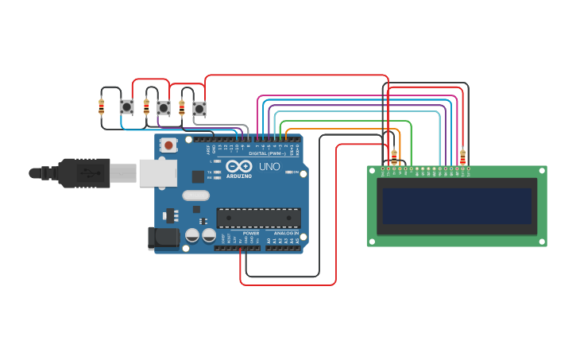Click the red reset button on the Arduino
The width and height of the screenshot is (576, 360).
pos(168,145)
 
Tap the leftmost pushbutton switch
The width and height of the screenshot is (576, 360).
pos(126,106)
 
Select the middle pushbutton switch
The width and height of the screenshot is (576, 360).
pos(163,107)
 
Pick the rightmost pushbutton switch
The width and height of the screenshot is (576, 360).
pos(199,108)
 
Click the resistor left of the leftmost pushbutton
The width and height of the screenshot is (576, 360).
pos(101,106)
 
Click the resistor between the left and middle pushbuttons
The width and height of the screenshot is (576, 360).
pos(146,106)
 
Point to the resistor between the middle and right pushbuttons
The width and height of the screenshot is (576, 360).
pos(182,107)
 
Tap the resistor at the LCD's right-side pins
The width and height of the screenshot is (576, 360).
pos(462,157)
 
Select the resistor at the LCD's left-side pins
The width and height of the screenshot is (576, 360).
pos(394,157)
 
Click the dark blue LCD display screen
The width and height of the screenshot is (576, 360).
pos(457,206)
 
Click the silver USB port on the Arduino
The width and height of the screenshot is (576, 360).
pos(157,172)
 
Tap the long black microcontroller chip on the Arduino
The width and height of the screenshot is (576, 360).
pos(258,217)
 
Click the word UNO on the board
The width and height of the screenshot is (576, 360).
pos(269,167)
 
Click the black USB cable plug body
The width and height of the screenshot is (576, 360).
pos(83,172)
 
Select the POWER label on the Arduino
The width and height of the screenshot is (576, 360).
pos(250,234)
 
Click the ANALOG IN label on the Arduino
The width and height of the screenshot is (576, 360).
pos(286,234)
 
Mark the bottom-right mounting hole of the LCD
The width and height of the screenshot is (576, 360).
pos(540,240)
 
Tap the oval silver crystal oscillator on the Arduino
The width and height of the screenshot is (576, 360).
pos(195,195)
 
